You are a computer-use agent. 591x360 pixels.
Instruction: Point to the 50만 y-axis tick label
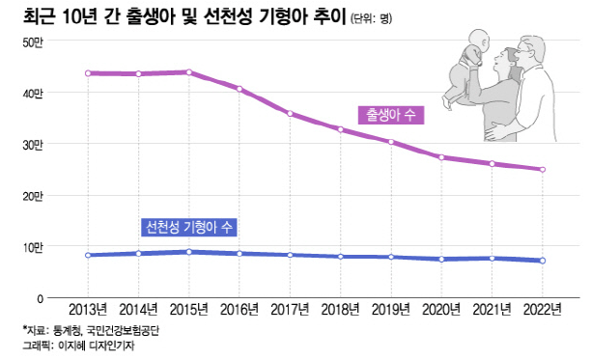coord(33,42)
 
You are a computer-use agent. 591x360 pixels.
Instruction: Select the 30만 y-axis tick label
coord(33,145)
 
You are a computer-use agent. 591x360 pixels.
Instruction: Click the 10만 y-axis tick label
coord(33,248)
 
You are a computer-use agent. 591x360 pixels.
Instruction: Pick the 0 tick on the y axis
coord(41,299)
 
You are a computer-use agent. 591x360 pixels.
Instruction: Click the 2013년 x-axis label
coord(88,310)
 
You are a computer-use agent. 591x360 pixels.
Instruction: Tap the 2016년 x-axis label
coord(239,310)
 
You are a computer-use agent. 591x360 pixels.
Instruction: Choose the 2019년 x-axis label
coord(390,310)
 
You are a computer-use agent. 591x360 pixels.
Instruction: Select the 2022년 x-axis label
coord(542,310)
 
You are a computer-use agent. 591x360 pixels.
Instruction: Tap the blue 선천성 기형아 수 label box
coord(188,228)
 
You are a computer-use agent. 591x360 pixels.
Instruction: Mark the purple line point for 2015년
coord(189,72)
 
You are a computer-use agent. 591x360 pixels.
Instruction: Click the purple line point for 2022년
coord(543,170)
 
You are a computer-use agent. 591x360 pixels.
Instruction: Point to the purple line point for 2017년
coord(290,114)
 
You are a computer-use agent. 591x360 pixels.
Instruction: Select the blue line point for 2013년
coord(88,255)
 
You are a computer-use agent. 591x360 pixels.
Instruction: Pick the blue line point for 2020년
coord(441,259)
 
